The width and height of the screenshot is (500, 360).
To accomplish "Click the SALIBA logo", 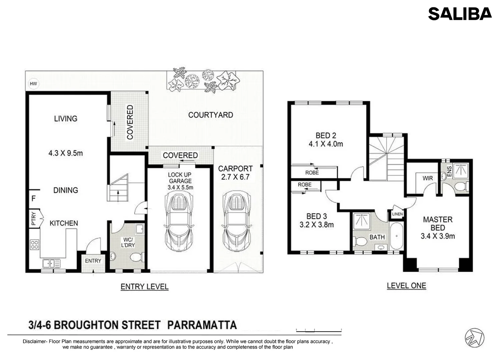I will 460,14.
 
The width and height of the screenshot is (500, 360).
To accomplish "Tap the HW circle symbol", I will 33,84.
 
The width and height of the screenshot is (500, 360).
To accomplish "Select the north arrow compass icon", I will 474,337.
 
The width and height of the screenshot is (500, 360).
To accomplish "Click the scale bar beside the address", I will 319,330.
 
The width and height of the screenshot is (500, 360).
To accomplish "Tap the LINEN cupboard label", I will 397,214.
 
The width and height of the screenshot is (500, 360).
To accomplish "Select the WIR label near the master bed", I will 428,178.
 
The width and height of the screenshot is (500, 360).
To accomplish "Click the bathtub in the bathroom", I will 397,236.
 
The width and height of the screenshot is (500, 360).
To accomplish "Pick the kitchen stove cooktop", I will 34,245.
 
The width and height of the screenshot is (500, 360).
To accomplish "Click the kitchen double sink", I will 51,264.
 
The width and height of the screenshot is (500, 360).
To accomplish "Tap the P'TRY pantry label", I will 33,218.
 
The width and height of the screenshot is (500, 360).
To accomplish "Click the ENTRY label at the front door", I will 93,261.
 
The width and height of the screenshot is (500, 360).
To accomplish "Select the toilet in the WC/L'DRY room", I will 137,258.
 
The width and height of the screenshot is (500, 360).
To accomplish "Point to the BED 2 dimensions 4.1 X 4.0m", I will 326,144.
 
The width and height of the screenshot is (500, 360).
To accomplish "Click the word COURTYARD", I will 210,115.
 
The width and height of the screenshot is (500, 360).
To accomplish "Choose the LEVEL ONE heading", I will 406,286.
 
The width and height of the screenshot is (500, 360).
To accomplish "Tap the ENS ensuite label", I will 449,171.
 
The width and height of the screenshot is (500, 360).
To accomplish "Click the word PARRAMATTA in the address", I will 202,325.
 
